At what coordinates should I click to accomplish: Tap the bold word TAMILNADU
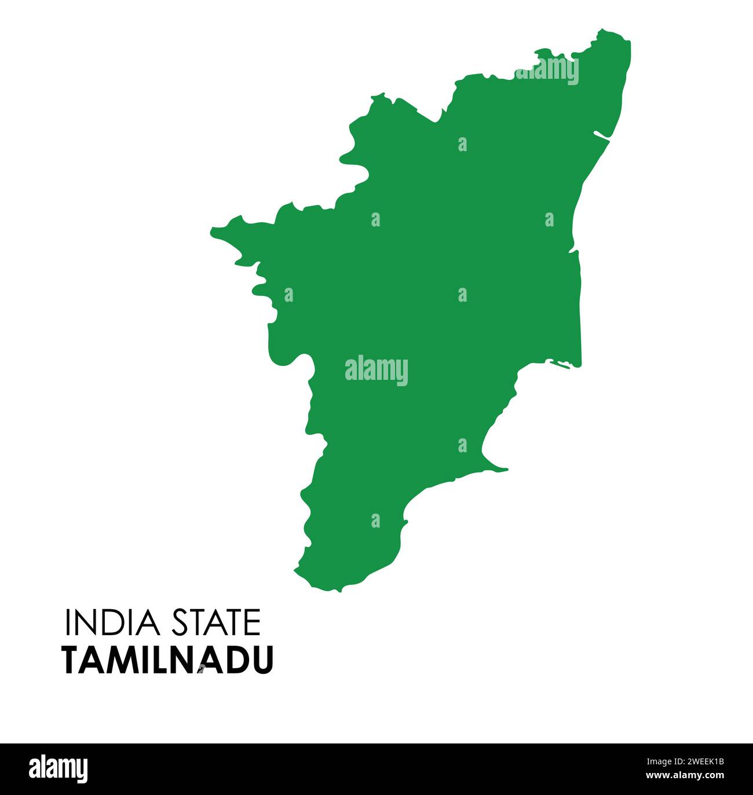167,660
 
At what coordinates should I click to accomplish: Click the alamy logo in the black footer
59,769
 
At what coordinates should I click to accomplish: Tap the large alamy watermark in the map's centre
376,371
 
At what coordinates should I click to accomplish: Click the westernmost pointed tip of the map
211,231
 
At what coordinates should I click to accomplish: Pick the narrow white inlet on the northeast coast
602,136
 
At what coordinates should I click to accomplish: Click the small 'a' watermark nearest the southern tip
376,521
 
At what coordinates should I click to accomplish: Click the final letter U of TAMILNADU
262,660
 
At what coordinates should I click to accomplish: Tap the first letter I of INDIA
68,622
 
